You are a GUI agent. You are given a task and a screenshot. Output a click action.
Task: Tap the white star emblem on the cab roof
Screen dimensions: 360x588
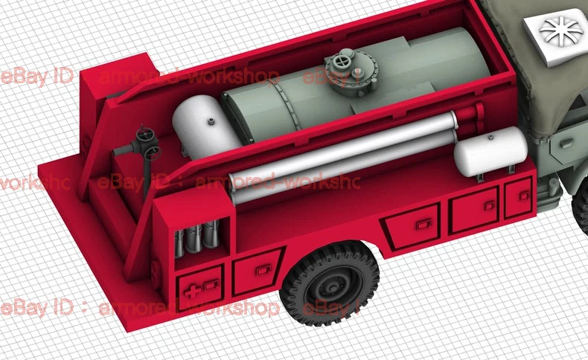(x=559, y=29)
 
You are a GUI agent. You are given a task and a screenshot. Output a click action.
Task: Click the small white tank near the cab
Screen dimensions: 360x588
(x=490, y=151)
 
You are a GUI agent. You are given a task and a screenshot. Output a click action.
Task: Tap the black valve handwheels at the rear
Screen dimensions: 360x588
(x=147, y=143)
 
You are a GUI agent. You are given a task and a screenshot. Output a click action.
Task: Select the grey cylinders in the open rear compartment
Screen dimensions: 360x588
(x=197, y=240)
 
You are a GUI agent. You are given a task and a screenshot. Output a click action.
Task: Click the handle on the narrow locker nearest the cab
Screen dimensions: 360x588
(x=524, y=195)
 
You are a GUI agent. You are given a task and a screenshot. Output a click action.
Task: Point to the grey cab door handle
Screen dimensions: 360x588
(x=566, y=144)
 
